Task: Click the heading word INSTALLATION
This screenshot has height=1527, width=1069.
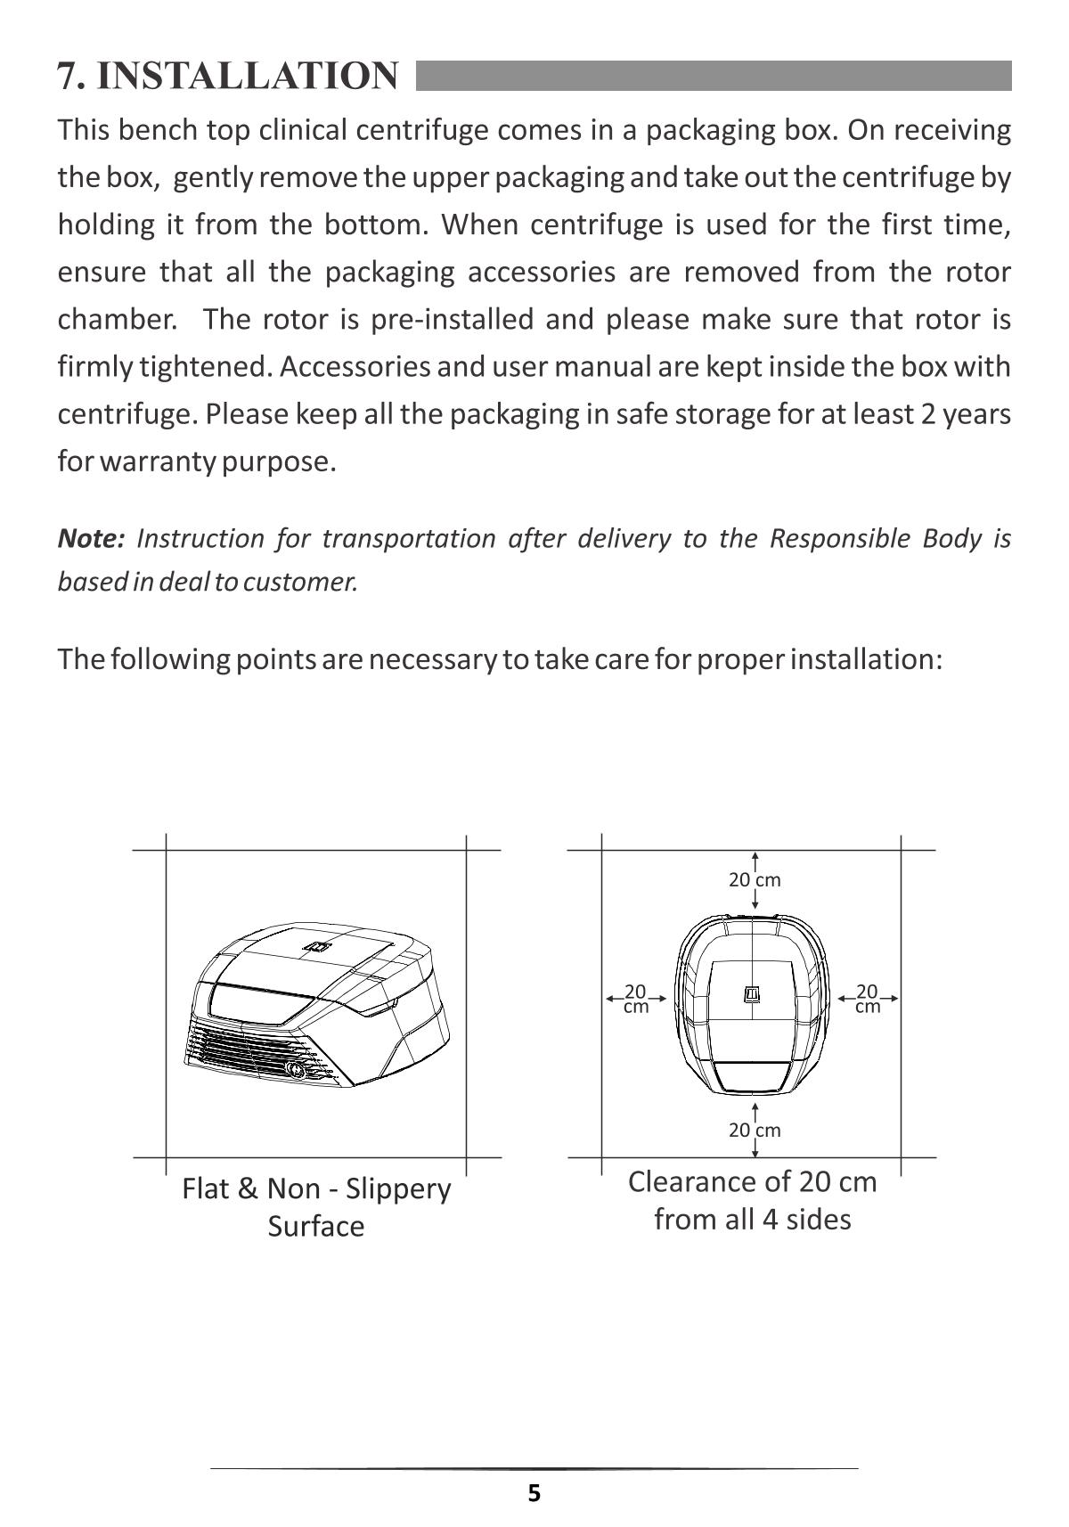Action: (x=248, y=76)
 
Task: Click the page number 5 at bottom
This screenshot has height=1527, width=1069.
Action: (x=534, y=1493)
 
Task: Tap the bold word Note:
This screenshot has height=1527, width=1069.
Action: (x=91, y=538)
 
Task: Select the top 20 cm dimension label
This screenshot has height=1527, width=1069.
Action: (x=755, y=880)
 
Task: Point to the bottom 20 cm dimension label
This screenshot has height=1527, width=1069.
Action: (x=755, y=1131)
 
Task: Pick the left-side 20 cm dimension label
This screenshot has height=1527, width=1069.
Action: (x=635, y=999)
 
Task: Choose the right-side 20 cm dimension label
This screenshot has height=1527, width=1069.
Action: (x=867, y=999)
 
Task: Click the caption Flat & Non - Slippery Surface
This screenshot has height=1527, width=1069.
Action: (x=316, y=1207)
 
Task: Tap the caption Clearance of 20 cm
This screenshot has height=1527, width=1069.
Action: (x=753, y=1182)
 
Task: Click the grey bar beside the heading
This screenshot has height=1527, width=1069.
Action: (x=713, y=76)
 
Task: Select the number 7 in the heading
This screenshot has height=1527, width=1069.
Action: (x=68, y=76)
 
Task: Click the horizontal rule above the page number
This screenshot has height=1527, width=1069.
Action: (x=534, y=1468)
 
